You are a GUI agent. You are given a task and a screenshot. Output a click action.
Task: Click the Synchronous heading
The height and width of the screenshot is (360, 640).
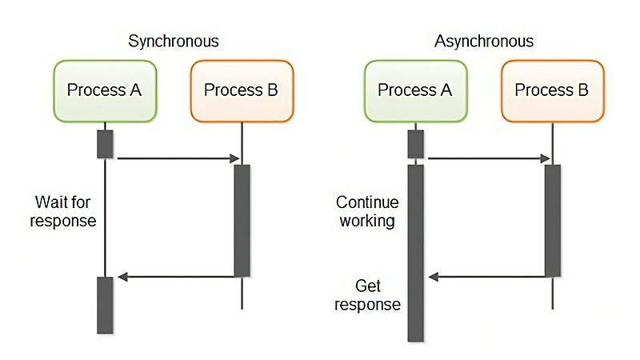point(173,42)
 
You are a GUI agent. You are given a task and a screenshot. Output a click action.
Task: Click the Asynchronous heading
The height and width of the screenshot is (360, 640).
point(483,42)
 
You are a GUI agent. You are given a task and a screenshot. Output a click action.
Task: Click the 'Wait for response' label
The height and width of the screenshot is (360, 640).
point(63,210)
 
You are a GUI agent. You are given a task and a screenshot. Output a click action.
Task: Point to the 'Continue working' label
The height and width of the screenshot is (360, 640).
point(366,211)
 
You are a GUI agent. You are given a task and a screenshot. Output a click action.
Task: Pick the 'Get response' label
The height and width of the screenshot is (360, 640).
point(367,294)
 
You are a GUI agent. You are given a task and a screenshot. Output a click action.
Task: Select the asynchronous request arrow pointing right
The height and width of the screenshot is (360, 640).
point(488,158)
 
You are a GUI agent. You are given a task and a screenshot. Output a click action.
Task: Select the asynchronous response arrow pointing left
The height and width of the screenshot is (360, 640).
point(488,277)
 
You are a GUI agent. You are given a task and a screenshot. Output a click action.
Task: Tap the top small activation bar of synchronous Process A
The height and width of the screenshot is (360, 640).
point(105,143)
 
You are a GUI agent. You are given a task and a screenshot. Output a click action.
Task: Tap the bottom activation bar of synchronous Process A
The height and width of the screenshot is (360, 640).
point(105,305)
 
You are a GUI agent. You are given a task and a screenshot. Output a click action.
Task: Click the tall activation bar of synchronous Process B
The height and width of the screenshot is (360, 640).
point(242,220)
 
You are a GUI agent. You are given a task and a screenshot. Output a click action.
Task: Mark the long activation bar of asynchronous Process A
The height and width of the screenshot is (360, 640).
point(415,253)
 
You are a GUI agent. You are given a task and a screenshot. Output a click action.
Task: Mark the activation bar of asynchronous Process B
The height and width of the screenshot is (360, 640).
point(552,220)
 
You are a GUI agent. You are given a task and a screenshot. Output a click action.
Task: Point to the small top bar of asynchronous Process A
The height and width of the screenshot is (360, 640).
point(415,143)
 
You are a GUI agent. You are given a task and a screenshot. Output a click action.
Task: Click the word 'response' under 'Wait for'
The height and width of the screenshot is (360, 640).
point(63,220)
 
